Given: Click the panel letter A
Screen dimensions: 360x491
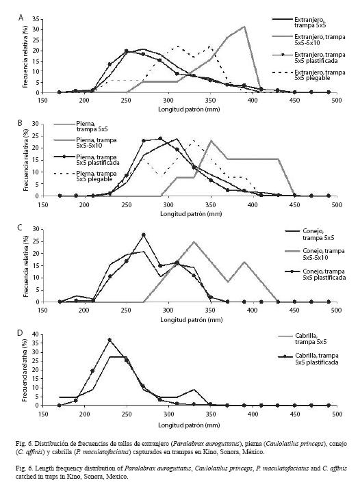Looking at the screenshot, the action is click(x=21, y=18).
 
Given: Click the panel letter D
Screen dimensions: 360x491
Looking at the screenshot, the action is click(x=21, y=333).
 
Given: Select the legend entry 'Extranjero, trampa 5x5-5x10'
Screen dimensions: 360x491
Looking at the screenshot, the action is click(x=320, y=40).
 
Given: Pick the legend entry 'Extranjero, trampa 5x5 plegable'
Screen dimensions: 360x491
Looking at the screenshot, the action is click(x=320, y=75).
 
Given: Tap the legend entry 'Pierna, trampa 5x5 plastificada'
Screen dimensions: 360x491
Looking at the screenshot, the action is click(x=98, y=160).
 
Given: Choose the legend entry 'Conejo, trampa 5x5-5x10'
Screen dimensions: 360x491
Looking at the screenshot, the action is click(x=323, y=254).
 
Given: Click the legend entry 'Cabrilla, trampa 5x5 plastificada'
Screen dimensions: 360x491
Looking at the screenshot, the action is click(x=316, y=359).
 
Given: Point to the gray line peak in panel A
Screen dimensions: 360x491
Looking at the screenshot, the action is click(x=244, y=27).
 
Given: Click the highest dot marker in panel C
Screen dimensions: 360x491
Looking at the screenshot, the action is click(x=144, y=235).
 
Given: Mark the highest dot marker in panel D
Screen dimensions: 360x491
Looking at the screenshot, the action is click(x=110, y=340).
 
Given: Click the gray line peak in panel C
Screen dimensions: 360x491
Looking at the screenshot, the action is click(x=194, y=242).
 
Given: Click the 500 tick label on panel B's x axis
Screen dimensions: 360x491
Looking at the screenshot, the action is click(x=337, y=205).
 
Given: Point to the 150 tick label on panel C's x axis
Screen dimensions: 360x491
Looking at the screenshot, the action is click(x=42, y=310).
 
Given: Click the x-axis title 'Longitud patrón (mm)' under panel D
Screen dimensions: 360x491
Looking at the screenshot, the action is click(x=189, y=425).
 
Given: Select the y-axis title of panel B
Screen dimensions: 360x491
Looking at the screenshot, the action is click(x=26, y=160).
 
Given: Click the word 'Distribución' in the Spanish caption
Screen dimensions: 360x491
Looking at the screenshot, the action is click(x=48, y=444).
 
